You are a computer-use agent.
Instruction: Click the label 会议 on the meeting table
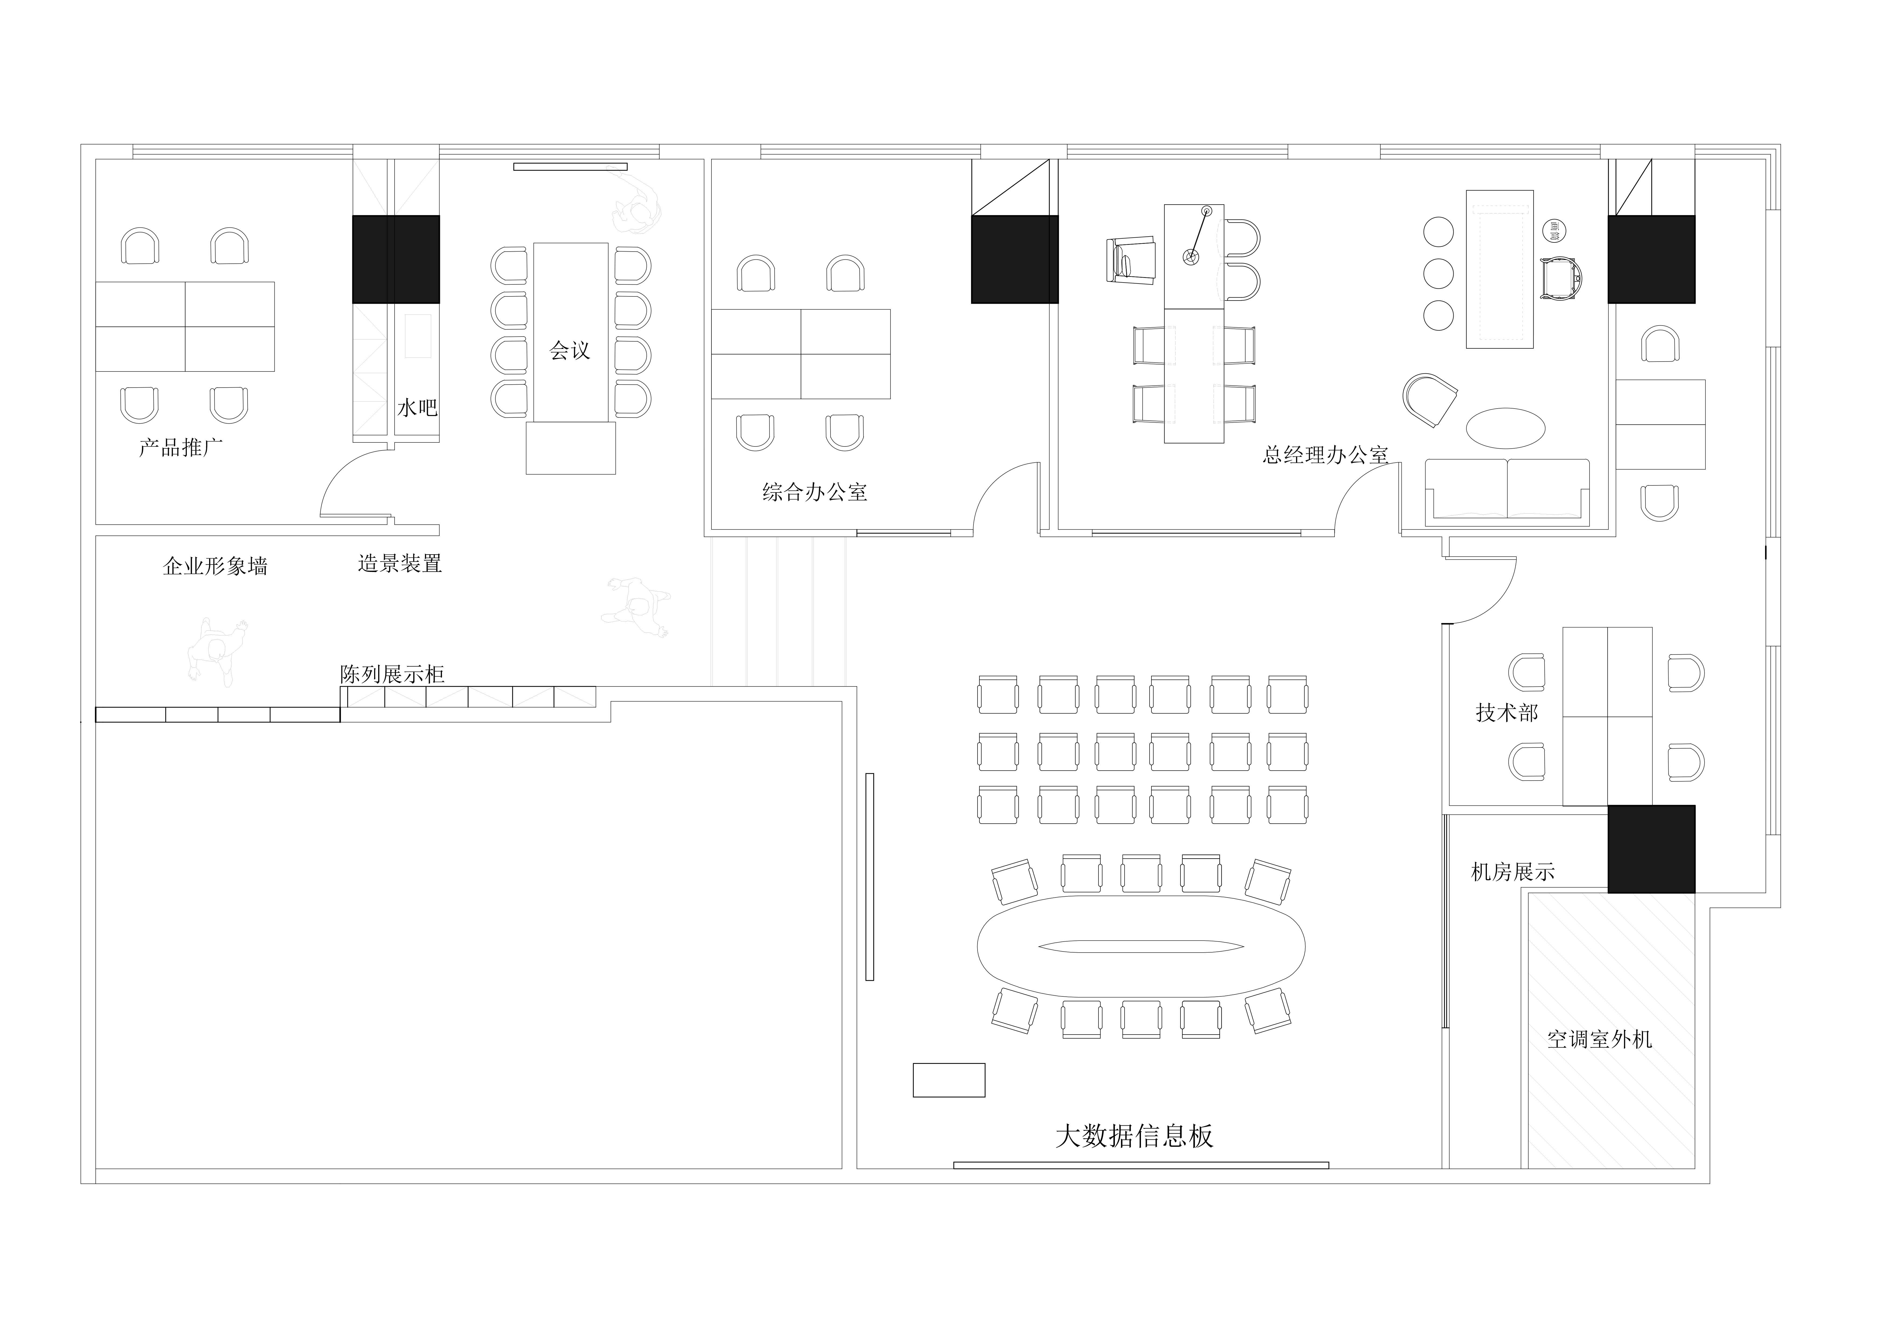pos(570,351)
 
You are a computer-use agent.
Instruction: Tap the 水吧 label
pos(417,407)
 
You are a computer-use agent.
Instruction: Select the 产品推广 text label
pos(181,448)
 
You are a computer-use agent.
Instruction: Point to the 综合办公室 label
pos(815,492)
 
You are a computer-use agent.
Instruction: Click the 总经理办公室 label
pos(1325,454)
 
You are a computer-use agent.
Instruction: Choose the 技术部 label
pos(1507,712)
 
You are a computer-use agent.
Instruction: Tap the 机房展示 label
pos(1513,871)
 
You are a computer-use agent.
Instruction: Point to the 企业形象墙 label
pos(215,566)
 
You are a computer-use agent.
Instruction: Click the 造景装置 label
pos(400,563)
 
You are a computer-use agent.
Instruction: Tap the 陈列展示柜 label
pos(393,674)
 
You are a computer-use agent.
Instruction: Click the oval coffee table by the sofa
pos(1506,428)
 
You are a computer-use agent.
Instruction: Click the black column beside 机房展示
pos(1651,849)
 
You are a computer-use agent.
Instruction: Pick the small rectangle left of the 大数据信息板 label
pos(949,1080)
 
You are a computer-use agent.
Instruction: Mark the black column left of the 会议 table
pos(396,260)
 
